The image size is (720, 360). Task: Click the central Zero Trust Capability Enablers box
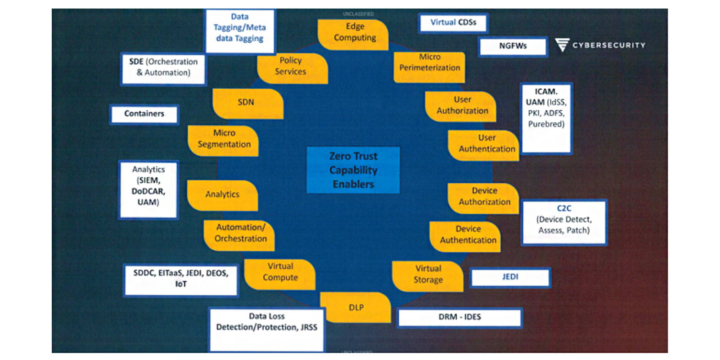click(x=353, y=170)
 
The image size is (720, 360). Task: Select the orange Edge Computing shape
click(x=354, y=33)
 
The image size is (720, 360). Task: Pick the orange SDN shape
click(x=247, y=103)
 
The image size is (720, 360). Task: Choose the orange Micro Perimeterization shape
click(x=429, y=66)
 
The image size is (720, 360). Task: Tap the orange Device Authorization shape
click(x=484, y=198)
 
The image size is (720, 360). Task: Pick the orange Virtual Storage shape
click(x=428, y=275)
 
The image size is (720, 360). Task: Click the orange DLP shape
click(x=355, y=307)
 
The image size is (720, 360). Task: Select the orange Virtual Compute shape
click(x=280, y=274)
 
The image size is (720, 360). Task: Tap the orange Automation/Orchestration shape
click(x=239, y=234)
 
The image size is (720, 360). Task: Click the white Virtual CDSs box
click(x=453, y=23)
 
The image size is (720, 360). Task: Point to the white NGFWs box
click(x=513, y=46)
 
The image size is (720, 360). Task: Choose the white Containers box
click(x=144, y=114)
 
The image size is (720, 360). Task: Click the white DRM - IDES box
click(x=459, y=318)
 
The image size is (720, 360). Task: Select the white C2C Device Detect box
click(x=564, y=222)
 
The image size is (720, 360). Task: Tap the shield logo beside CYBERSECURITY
click(x=562, y=45)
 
